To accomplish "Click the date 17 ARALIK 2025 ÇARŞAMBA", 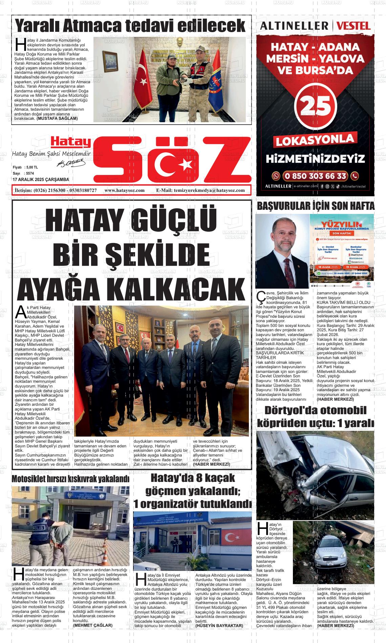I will click(x=41, y=179).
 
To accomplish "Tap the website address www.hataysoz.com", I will click(x=125, y=191).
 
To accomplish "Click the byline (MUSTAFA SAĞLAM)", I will click(x=57, y=119).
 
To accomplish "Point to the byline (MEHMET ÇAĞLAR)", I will click(x=93, y=625).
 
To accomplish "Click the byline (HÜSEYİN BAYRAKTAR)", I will click(x=219, y=626).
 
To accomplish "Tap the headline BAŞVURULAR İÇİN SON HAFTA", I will click(x=316, y=206).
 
